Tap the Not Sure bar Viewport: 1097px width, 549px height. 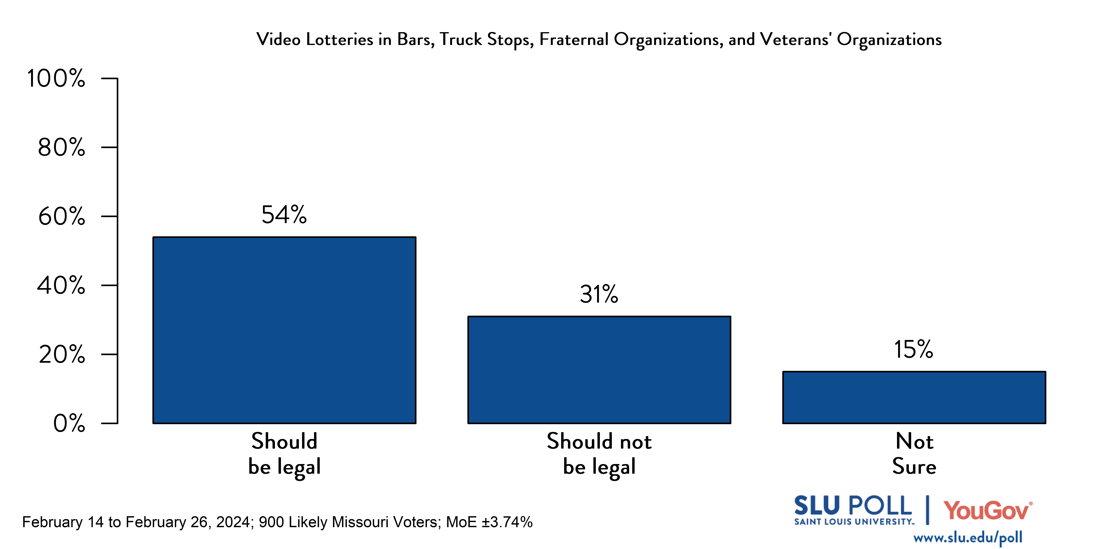[x=914, y=397]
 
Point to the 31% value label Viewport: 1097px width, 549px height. [x=599, y=294]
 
